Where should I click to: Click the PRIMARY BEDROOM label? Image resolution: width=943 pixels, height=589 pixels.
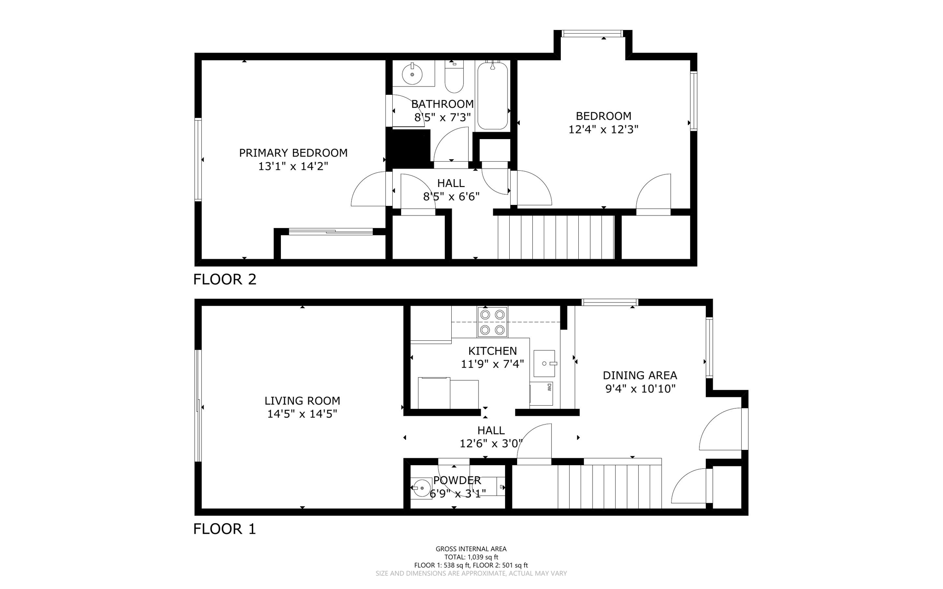(293, 153)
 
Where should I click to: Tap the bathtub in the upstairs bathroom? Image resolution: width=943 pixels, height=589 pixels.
(492, 96)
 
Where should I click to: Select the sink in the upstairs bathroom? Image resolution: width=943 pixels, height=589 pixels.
(412, 74)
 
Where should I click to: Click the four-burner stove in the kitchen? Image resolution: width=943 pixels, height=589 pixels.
(492, 322)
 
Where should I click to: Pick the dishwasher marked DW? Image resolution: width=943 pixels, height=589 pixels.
(541, 394)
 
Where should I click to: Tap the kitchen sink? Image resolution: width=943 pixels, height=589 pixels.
(544, 363)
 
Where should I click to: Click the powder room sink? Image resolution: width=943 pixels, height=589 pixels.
(420, 488)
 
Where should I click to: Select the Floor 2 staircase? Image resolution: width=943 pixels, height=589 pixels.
(556, 237)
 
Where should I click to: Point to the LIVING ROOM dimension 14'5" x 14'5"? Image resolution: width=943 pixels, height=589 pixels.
(302, 414)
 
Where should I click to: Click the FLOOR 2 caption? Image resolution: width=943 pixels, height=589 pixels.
(224, 279)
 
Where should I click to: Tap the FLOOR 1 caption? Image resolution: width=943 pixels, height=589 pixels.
(224, 529)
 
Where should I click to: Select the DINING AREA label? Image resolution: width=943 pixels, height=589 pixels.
(640, 375)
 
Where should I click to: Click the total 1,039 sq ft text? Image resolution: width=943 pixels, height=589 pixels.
(471, 557)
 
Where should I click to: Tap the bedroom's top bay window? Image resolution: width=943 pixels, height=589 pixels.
(592, 33)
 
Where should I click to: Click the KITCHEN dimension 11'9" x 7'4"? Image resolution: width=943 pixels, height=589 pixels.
(492, 364)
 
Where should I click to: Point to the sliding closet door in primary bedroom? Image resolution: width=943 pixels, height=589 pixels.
(331, 232)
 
